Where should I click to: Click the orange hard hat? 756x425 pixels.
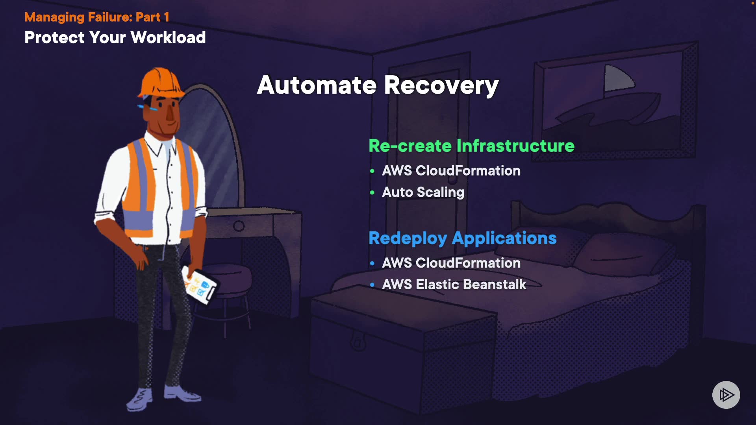[160, 82]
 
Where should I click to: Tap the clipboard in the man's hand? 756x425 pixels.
[199, 285]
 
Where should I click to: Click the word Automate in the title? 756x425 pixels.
[317, 85]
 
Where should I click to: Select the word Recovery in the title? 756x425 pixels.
[441, 86]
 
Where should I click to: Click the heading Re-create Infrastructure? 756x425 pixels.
[471, 146]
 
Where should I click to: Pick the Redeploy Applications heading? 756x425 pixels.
[463, 238]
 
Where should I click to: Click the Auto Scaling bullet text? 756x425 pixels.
[423, 192]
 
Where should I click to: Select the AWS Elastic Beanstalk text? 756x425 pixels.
[454, 285]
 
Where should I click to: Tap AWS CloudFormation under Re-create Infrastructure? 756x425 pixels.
[451, 171]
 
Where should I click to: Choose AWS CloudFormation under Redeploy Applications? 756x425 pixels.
[451, 263]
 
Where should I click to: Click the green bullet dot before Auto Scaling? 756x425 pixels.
[372, 192]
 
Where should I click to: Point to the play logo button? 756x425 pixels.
[726, 395]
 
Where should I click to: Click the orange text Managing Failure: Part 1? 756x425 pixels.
[97, 17]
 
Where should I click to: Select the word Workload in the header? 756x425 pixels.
[168, 38]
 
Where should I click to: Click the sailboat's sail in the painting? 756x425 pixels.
[619, 78]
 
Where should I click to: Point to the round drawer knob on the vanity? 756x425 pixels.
[239, 226]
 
